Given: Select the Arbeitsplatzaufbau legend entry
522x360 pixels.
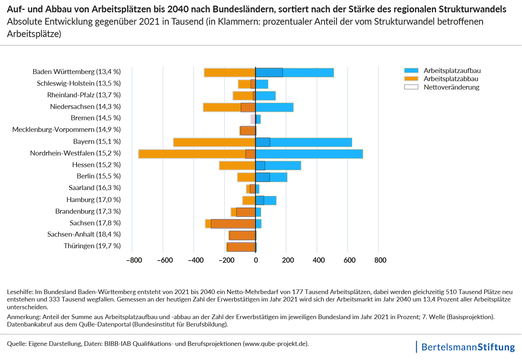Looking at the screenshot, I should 452,71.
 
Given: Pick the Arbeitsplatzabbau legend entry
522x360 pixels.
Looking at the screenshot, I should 451,79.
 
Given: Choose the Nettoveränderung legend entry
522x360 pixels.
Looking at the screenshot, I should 451,87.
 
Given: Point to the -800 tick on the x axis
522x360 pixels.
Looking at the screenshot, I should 134,260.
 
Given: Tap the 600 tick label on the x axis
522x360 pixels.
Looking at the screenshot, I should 350,260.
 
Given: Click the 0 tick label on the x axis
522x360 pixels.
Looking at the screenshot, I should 256,260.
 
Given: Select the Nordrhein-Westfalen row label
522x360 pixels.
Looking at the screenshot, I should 75,153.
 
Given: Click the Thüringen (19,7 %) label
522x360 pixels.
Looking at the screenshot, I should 92,246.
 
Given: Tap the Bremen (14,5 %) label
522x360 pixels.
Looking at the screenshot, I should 96,118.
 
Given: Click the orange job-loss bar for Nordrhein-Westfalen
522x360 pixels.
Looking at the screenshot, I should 192,154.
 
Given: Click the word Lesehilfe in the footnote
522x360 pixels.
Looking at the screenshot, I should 20,292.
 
